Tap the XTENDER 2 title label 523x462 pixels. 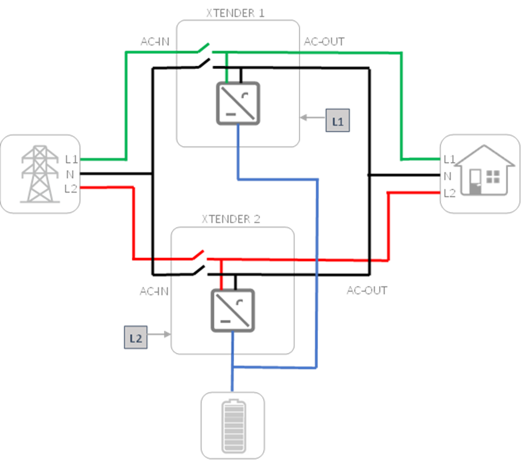click(231, 219)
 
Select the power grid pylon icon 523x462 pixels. click(39, 174)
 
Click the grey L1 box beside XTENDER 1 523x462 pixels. click(337, 121)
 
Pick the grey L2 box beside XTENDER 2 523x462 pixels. click(136, 338)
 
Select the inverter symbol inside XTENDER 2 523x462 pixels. click(233, 310)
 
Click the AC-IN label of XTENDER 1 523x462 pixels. click(154, 42)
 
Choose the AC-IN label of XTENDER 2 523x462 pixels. click(154, 291)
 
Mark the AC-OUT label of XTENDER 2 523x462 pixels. click(367, 290)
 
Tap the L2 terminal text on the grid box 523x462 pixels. click(71, 189)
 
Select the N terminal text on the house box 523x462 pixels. click(448, 176)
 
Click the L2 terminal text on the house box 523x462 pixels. click(449, 193)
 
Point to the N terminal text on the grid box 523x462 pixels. click(70, 174)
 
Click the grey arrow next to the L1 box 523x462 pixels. click(312, 118)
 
